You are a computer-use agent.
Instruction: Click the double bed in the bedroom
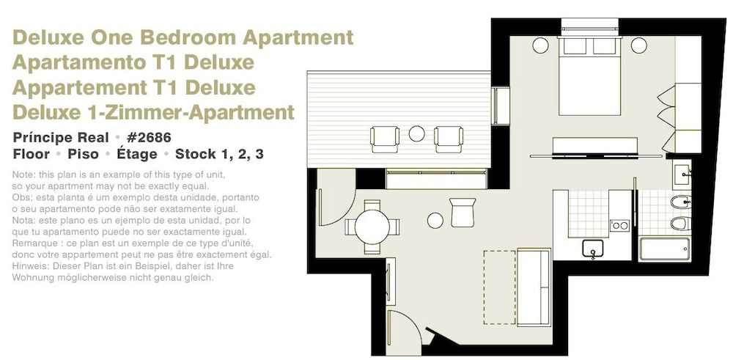(592, 76)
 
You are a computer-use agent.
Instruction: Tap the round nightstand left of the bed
(540, 45)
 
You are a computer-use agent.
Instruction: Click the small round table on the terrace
(416, 134)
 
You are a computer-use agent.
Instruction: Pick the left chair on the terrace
(385, 138)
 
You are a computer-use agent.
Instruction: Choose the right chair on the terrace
(449, 138)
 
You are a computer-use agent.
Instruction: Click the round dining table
(372, 227)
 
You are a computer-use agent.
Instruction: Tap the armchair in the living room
(463, 212)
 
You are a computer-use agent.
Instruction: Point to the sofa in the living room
(534, 280)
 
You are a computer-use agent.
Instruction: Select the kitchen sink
(592, 249)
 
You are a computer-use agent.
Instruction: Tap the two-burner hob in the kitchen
(619, 225)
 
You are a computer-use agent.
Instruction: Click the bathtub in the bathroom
(664, 249)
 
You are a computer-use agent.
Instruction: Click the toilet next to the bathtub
(679, 222)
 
